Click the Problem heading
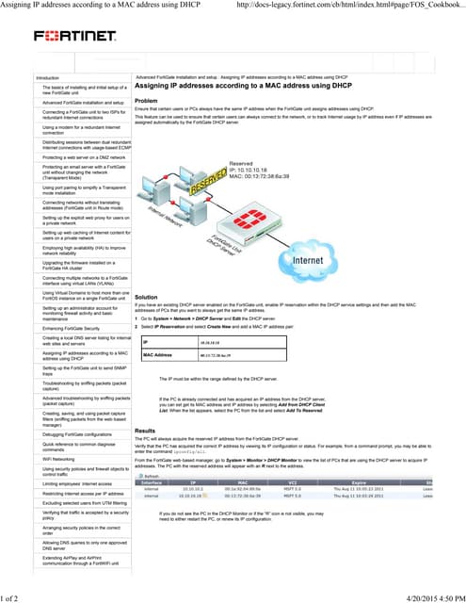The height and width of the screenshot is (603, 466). (x=146, y=101)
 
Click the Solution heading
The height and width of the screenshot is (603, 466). (x=146, y=297)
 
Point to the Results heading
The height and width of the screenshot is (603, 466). (x=145, y=430)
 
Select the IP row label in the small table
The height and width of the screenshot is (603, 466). (x=146, y=342)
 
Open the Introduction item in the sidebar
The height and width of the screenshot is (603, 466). (x=48, y=77)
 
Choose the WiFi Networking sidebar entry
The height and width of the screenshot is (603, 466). (x=57, y=458)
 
